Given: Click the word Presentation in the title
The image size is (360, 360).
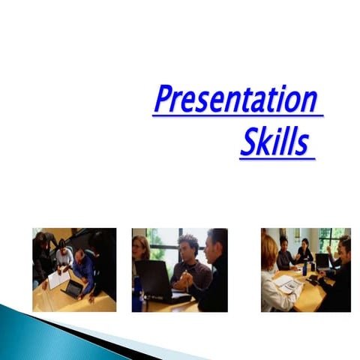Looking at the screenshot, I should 235,100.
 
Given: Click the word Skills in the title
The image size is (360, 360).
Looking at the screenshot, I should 274,142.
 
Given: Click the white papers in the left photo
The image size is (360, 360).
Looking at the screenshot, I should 58,280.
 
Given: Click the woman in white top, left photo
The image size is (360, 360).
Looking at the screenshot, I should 64,256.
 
